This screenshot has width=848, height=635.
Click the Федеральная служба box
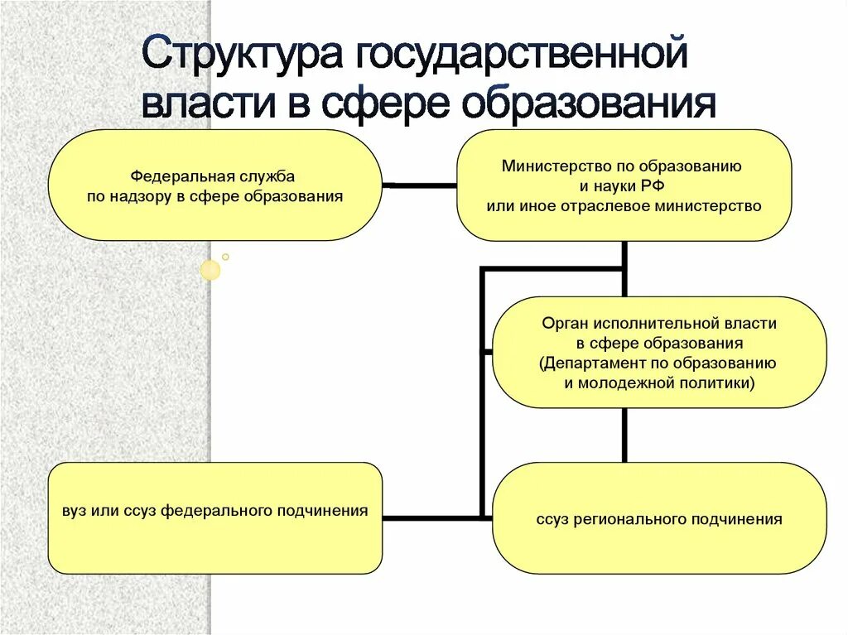click(x=214, y=185)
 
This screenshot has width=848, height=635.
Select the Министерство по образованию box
click(x=624, y=185)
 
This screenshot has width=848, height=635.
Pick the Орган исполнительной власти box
click(x=659, y=353)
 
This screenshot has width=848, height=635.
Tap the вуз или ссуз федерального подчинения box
click(x=214, y=518)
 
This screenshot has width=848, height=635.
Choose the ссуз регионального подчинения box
click(x=659, y=518)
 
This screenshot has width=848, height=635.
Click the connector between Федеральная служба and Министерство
click(x=419, y=185)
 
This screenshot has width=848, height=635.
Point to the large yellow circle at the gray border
click(x=211, y=269)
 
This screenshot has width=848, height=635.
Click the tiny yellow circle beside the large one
click(x=225, y=257)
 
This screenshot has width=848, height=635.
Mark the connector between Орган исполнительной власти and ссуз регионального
click(x=624, y=435)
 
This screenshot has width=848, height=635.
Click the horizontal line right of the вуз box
click(x=431, y=518)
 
